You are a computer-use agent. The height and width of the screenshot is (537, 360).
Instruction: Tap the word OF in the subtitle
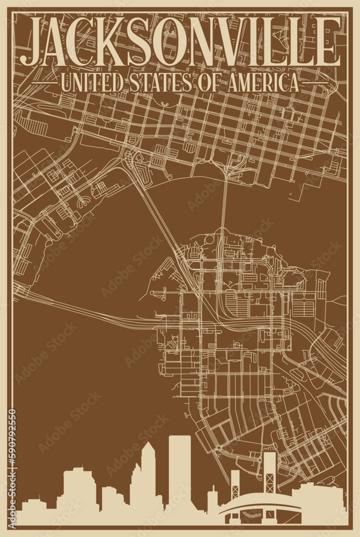203,83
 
